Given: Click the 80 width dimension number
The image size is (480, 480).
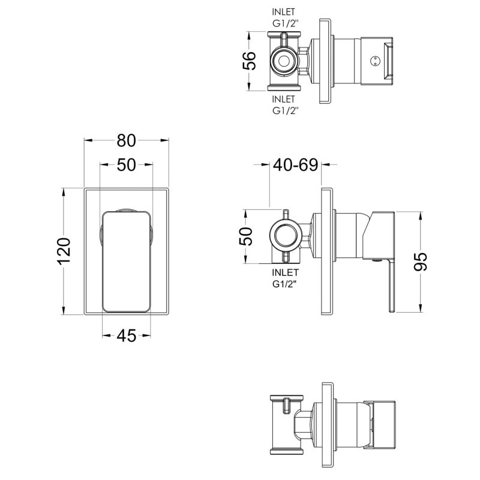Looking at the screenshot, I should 125,141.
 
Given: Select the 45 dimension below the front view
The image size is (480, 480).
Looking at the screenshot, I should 125,336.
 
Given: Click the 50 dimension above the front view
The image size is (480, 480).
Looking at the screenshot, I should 126,165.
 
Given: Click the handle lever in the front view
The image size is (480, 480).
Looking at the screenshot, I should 125,261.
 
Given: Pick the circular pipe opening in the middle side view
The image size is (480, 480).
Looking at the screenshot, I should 286,236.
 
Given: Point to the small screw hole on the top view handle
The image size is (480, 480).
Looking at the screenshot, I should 376,61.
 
